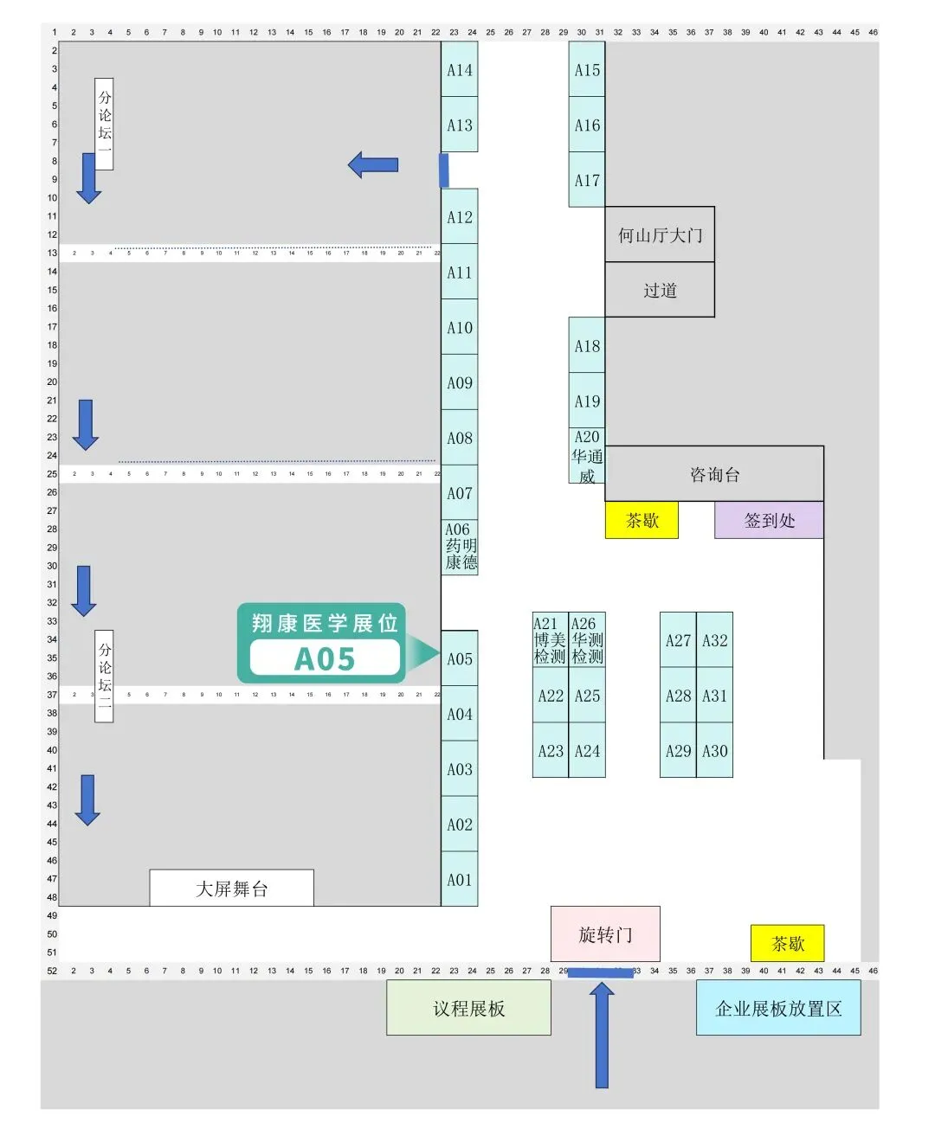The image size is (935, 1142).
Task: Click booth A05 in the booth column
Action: [460, 658]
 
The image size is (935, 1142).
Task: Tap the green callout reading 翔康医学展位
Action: [322, 644]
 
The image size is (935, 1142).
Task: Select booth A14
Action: [460, 70]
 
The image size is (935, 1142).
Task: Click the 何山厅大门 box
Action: [660, 234]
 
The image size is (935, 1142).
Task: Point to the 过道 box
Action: [660, 290]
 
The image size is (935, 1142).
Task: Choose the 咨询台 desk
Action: [714, 474]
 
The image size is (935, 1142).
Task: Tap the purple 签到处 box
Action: [769, 520]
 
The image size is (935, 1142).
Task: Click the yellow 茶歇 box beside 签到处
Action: [642, 520]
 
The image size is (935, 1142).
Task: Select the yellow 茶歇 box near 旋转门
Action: [788, 943]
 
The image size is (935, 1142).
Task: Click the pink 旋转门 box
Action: [605, 934]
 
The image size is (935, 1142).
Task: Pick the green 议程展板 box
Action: [468, 1008]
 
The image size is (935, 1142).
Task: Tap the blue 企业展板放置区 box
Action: [778, 1008]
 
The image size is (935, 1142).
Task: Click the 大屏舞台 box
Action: [231, 889]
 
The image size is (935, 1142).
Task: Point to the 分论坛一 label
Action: [105, 124]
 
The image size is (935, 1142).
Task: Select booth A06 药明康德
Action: [460, 547]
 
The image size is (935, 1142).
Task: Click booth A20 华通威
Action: [587, 456]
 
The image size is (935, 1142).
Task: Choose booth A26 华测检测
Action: [587, 640]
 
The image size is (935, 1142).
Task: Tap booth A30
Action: [714, 751]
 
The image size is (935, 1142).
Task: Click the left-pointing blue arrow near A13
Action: [373, 164]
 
